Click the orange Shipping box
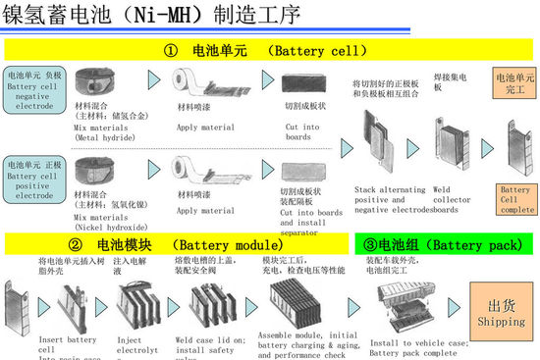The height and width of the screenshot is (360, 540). pos(501,311)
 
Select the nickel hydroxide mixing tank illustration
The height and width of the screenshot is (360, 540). pos(104,168)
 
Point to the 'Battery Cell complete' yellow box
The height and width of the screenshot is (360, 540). pos(517,200)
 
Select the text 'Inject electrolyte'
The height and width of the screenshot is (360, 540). pos(136,346)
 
